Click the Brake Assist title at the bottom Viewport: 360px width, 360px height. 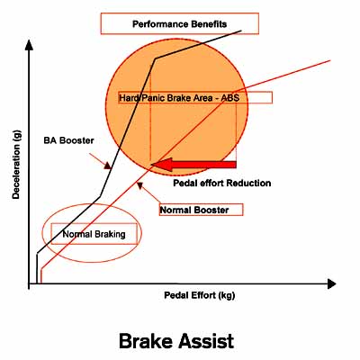pyautogui.click(x=176, y=341)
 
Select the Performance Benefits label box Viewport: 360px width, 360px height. pyautogui.click(x=180, y=23)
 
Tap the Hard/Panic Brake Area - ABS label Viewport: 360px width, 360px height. pyautogui.click(x=179, y=98)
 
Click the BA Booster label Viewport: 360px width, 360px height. pyautogui.click(x=68, y=140)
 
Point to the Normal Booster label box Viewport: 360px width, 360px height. pyautogui.click(x=201, y=210)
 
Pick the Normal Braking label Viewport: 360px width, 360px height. pyautogui.click(x=94, y=234)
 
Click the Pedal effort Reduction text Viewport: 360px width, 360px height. pyautogui.click(x=222, y=183)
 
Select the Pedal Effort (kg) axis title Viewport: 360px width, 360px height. pyautogui.click(x=200, y=295)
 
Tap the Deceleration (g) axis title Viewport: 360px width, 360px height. pyautogui.click(x=16, y=165)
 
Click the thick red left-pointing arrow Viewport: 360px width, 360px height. pyautogui.click(x=193, y=165)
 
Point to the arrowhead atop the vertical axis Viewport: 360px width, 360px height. pyautogui.click(x=29, y=45)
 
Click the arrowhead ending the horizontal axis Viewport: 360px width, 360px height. pyautogui.click(x=331, y=283)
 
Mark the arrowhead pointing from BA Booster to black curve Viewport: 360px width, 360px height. pyautogui.click(x=107, y=166)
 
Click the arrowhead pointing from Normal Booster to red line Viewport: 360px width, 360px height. pyautogui.click(x=139, y=186)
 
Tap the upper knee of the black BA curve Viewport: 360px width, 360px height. pyautogui.click(x=155, y=58)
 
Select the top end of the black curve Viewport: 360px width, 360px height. pyautogui.click(x=241, y=31)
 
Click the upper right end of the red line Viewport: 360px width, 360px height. pyautogui.click(x=330, y=60)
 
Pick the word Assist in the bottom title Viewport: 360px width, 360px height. pyautogui.click(x=206, y=341)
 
